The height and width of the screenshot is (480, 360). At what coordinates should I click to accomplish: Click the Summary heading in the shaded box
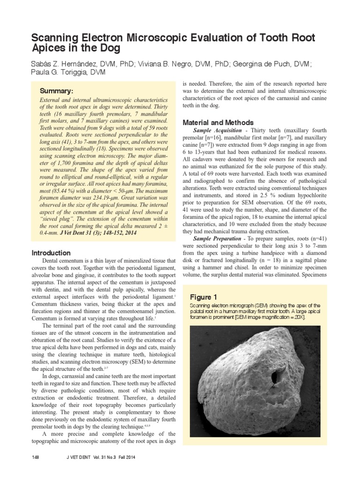[x=56, y=90]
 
